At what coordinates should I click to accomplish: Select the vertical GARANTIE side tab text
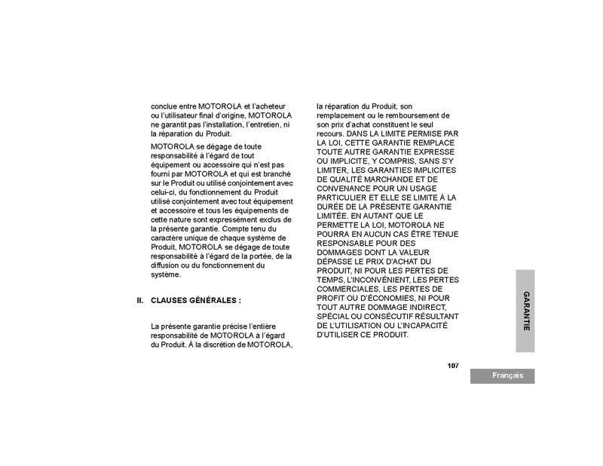(x=526, y=311)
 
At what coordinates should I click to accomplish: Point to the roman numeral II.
(x=139, y=300)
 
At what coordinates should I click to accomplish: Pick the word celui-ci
(x=164, y=190)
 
